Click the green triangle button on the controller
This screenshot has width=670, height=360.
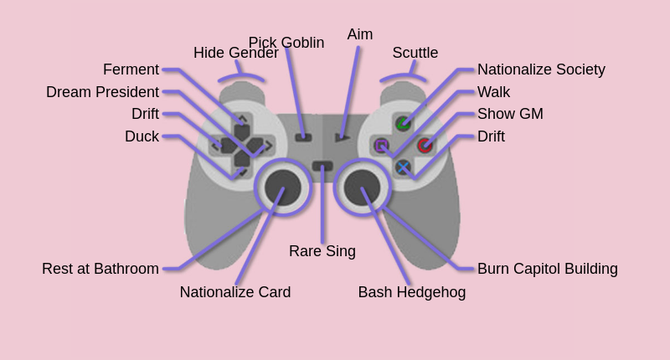click(x=404, y=124)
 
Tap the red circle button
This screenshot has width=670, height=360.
click(x=425, y=146)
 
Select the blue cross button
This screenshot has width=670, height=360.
click(x=404, y=167)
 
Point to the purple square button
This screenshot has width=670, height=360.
click(x=382, y=146)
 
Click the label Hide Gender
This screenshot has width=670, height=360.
click(x=235, y=53)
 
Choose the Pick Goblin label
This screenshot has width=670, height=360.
click(x=286, y=43)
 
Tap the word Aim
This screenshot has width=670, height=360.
click(x=360, y=34)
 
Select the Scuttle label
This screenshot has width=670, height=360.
click(x=415, y=53)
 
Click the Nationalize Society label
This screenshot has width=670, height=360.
click(x=541, y=69)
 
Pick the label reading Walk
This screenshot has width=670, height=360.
click(x=493, y=92)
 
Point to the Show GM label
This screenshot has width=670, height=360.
click(x=510, y=114)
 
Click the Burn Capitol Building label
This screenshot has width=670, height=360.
click(x=548, y=269)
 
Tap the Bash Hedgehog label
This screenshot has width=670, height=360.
click(x=412, y=292)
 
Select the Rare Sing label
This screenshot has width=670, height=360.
click(x=322, y=251)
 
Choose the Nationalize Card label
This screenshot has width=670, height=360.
click(x=235, y=292)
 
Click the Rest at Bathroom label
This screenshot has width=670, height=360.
click(x=100, y=269)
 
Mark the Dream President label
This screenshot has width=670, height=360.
click(x=102, y=92)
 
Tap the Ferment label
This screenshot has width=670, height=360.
click(x=131, y=69)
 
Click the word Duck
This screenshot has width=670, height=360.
click(x=142, y=136)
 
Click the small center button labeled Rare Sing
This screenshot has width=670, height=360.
click(x=322, y=166)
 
